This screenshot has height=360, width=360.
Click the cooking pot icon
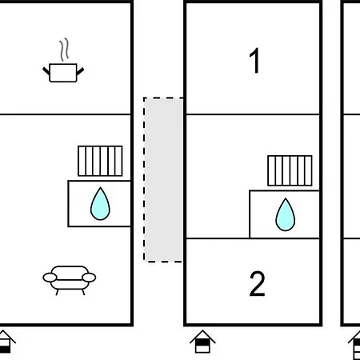pyautogui.click(x=63, y=73)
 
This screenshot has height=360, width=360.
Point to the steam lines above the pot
pyautogui.click(x=64, y=50)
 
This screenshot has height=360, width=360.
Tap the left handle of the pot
pyautogui.click(x=46, y=71)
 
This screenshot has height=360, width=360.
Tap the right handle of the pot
pyautogui.click(x=80, y=71)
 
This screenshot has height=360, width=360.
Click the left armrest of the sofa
pyautogui.click(x=50, y=278)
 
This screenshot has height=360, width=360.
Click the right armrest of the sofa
pyautogui.click(x=89, y=278)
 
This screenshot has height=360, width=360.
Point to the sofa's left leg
pyautogui.click(x=58, y=292)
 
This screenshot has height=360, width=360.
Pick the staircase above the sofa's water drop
pyautogui.click(x=100, y=161)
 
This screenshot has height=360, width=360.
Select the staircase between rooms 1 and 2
pyautogui.click(x=290, y=170)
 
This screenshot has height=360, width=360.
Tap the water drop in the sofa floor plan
pyautogui.click(x=100, y=204)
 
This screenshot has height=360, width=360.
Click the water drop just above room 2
pyautogui.click(x=286, y=214)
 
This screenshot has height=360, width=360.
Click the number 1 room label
pyautogui.click(x=254, y=61)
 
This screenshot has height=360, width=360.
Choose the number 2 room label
pyautogui.click(x=257, y=284)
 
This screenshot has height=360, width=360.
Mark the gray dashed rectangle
pyautogui.click(x=163, y=180)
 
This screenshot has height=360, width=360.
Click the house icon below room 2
pyautogui.click(x=202, y=342)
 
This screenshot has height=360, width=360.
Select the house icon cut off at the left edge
pyautogui.click(x=6, y=342)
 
